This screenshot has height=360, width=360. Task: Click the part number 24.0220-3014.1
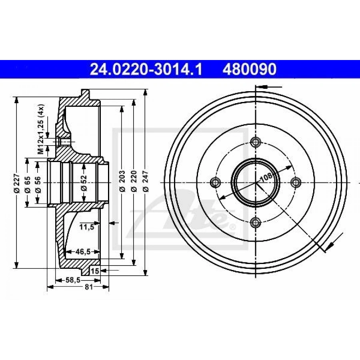[x=146, y=69]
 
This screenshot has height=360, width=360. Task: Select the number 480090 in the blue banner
[x=249, y=69]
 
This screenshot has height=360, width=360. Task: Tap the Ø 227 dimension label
[x=17, y=183]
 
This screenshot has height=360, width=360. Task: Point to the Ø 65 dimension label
[x=27, y=184]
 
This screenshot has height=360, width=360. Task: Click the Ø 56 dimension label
[x=38, y=184]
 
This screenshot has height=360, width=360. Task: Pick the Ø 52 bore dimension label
[x=84, y=183]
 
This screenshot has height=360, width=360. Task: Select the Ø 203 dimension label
[x=122, y=181]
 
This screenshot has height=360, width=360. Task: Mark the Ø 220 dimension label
[x=134, y=181]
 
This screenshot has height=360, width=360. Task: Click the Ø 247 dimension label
[x=146, y=181]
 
